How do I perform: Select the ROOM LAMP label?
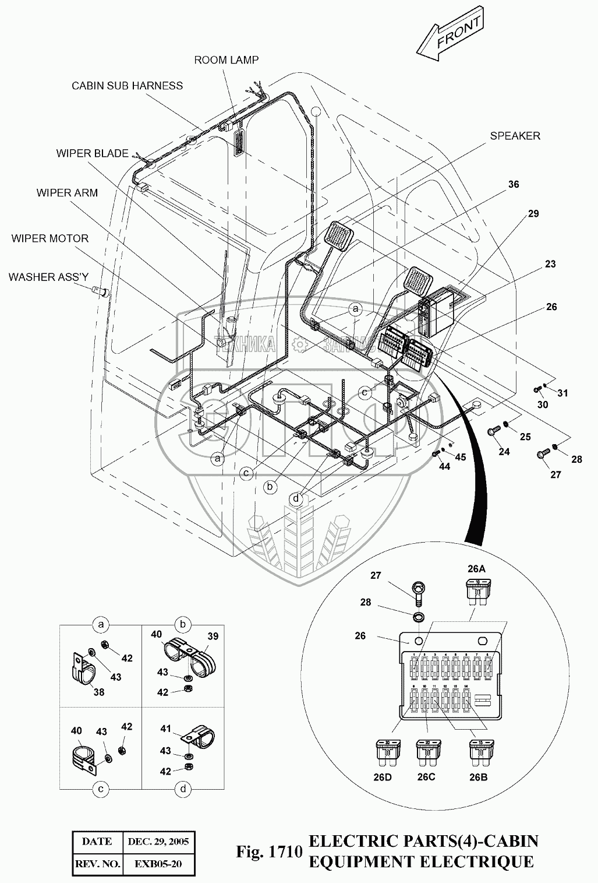pos(227,59)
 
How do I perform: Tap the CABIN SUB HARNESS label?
pos(127,86)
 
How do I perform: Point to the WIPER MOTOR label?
pos(49,238)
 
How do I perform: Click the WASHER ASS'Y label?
pos(48,277)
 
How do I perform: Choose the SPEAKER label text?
pos(515,136)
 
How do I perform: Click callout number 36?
pos(513,184)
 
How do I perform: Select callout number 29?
pos(533,214)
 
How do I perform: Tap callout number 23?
pos(550,264)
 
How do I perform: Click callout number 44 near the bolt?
pos(444,467)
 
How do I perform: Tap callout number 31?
pos(562,393)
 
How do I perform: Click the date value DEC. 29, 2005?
pos(158,841)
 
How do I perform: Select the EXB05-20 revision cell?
pos(158,863)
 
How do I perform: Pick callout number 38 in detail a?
pos(100,692)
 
